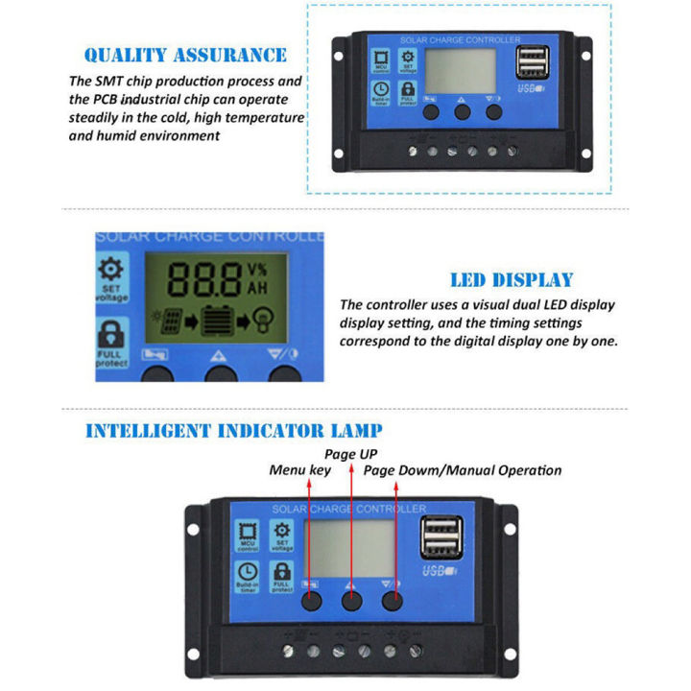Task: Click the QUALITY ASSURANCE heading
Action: coord(185,56)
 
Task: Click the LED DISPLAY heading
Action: coord(512,280)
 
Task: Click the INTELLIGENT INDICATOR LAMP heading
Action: coord(233,431)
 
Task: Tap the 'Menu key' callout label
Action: coord(299,470)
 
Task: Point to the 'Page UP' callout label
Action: coord(351,452)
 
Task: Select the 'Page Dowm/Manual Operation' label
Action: coord(462,470)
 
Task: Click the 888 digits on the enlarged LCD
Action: coord(204,279)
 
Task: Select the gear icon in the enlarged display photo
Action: coord(111,271)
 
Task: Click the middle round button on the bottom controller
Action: coord(352,602)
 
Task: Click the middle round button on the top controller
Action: coord(463,112)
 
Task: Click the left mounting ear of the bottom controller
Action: coord(195,529)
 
